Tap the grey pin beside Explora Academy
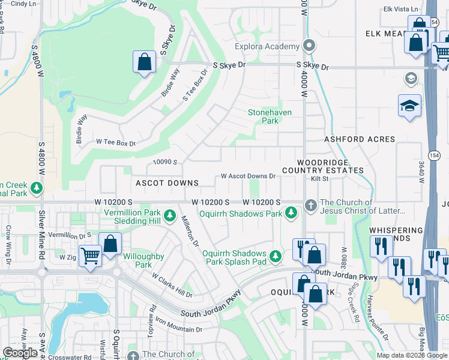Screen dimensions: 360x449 [x=309, y=46]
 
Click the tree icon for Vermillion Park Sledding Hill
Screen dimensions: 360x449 [x=170, y=214]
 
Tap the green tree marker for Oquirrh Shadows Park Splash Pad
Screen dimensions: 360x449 [x=276, y=257]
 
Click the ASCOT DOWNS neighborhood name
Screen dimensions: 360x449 [x=167, y=183]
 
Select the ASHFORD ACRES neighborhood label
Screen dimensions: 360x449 [x=360, y=139]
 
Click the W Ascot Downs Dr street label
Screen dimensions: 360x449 [x=248, y=176]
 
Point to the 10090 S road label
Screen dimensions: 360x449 [x=166, y=162]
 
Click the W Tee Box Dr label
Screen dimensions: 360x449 [x=116, y=143]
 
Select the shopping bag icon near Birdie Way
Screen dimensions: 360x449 [x=144, y=62]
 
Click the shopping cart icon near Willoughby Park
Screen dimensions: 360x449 [x=90, y=256]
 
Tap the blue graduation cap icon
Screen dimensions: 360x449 [x=409, y=106]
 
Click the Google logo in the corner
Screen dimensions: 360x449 [x=20, y=353]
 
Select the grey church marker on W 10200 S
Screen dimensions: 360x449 [x=310, y=205]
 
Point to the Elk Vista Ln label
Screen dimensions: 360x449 [x=401, y=9]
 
